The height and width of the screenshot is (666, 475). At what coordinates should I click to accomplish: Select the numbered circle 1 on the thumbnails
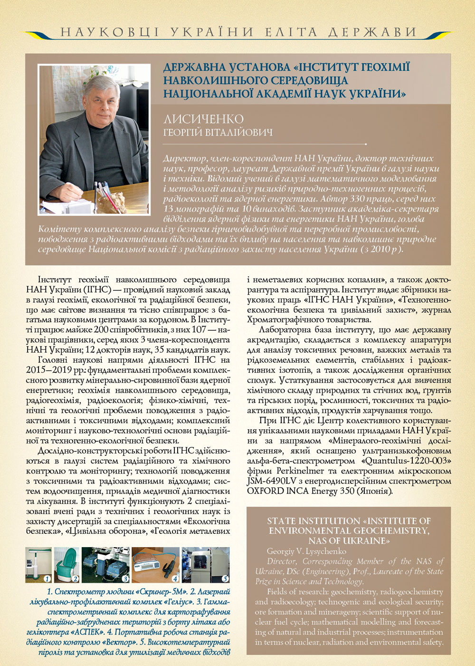pyautogui.click(x=47, y=579)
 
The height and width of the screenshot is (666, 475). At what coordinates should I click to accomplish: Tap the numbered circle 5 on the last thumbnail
pyautogui.click(x=225, y=579)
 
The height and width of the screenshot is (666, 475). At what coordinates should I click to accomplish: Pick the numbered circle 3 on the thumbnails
pyautogui.click(x=125, y=579)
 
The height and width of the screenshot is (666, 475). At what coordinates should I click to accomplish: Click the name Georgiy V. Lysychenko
pyautogui.click(x=306, y=551)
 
